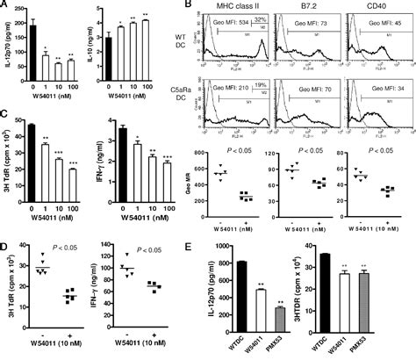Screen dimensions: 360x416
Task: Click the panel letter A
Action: [5, 6]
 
